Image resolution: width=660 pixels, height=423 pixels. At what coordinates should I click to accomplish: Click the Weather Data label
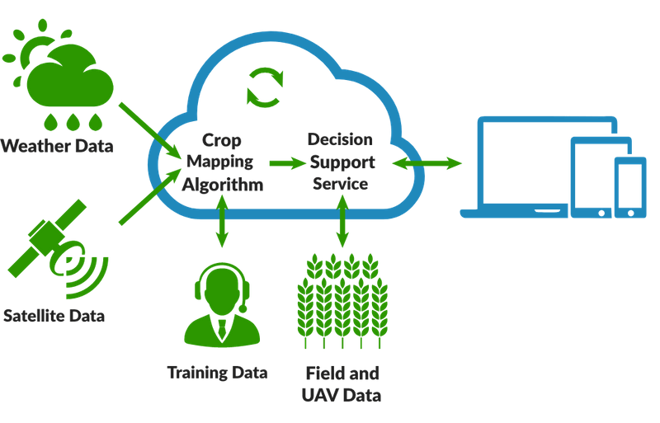pyautogui.click(x=57, y=148)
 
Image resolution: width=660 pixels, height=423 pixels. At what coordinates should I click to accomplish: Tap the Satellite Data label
pyautogui.click(x=55, y=314)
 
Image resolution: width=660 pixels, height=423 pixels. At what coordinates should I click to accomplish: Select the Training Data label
pyautogui.click(x=217, y=372)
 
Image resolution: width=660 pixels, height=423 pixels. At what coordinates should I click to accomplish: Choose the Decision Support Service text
pyautogui.click(x=341, y=161)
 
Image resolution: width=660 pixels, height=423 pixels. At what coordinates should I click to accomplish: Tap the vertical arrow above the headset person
pyautogui.click(x=221, y=223)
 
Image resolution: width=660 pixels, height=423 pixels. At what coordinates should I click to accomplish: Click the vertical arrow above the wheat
pyautogui.click(x=342, y=223)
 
